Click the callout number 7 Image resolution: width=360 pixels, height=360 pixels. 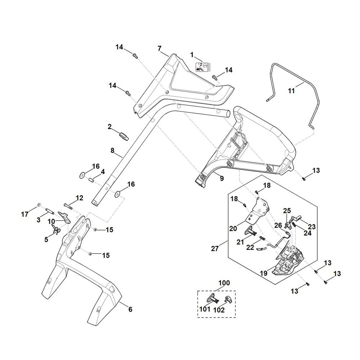[159, 49]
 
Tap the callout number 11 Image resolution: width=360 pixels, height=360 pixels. [291, 91]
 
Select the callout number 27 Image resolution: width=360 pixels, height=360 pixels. [215, 248]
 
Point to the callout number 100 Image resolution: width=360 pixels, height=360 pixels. [224, 283]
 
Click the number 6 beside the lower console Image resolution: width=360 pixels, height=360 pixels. [130, 310]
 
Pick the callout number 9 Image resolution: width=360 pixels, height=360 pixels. [222, 179]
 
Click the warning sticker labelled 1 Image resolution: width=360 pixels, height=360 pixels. [203, 67]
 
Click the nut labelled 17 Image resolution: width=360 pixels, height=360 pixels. [39, 204]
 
